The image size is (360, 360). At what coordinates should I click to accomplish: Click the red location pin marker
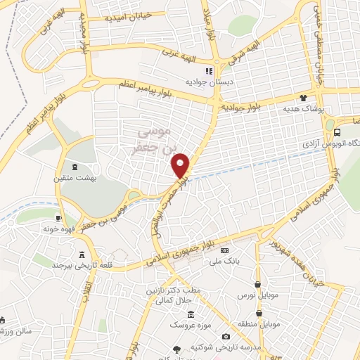point(181,165)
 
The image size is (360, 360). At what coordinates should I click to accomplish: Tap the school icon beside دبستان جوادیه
point(208,72)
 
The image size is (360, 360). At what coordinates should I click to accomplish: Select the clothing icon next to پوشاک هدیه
point(304,99)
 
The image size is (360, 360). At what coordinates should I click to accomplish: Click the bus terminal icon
point(338,131)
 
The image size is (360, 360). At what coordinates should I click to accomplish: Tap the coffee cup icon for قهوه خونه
point(59,219)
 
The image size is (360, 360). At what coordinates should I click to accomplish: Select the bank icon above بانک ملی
point(224,250)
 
